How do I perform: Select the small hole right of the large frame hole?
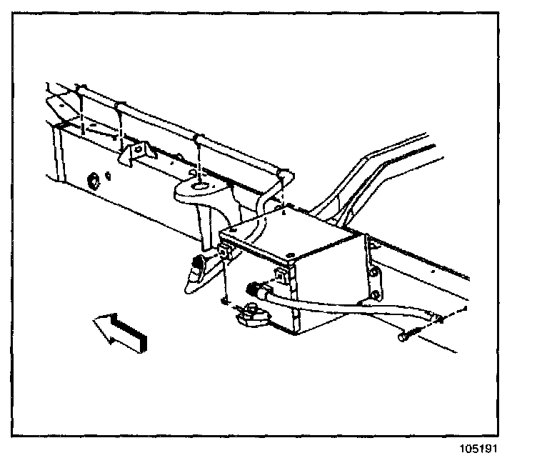[107, 174]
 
